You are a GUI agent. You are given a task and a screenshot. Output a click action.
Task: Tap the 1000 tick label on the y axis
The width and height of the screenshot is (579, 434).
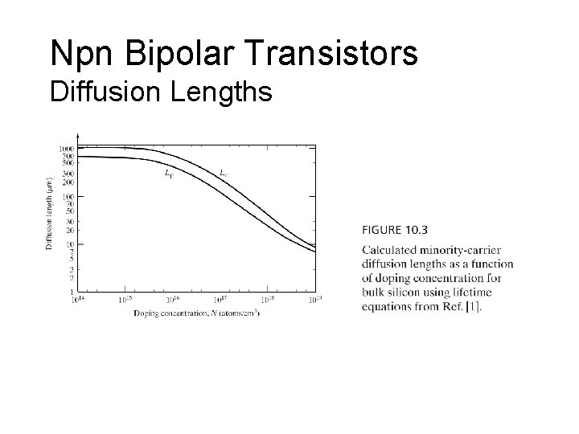click(66, 149)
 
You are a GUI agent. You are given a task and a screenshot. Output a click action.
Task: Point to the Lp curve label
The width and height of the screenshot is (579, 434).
click(167, 172)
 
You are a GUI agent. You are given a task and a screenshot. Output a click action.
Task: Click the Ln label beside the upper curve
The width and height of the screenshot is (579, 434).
click(223, 172)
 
